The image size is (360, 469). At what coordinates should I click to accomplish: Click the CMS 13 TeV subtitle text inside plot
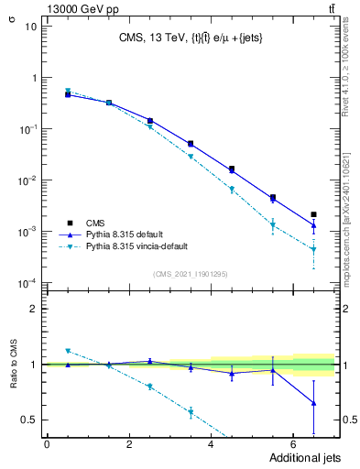(x=190, y=38)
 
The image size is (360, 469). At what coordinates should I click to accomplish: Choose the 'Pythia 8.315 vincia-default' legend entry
(x=136, y=246)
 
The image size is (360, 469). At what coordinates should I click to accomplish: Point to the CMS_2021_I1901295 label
(x=191, y=274)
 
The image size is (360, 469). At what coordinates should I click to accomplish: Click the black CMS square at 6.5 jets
(x=313, y=214)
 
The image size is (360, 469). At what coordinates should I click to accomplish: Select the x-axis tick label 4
(x=211, y=444)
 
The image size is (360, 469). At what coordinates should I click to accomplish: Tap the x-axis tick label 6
(x=292, y=444)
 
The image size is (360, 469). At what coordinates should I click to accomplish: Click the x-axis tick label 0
(x=47, y=444)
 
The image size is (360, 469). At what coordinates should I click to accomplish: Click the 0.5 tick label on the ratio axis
(x=28, y=420)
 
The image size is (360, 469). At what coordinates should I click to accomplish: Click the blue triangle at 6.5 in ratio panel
(x=313, y=403)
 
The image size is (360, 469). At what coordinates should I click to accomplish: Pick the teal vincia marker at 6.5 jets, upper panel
(x=313, y=249)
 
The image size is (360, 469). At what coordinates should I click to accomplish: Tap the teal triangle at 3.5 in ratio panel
(x=191, y=413)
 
